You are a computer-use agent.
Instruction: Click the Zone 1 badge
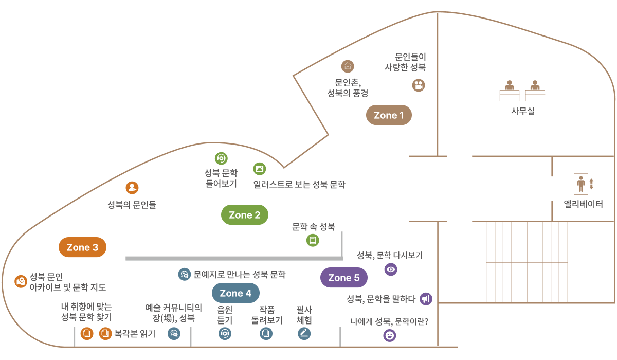[x=389, y=115]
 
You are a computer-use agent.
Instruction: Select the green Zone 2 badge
[x=245, y=215]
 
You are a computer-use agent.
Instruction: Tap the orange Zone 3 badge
[x=82, y=247]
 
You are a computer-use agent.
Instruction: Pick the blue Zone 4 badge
[x=235, y=293]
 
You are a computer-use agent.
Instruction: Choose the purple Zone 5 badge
[x=344, y=278]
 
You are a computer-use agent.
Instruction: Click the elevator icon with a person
[x=581, y=184]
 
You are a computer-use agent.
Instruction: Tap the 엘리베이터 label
[x=583, y=204]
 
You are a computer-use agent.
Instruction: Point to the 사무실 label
[x=522, y=111]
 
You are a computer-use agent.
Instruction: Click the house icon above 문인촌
[x=348, y=66]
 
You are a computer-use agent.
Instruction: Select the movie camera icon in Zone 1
[x=419, y=85]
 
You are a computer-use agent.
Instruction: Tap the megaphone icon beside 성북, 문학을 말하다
[x=426, y=299]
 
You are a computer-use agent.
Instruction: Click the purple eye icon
[x=391, y=269]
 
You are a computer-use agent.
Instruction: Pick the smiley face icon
[x=390, y=336]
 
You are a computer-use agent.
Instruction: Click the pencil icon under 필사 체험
[x=304, y=334]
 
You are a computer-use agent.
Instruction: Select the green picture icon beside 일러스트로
[x=260, y=169]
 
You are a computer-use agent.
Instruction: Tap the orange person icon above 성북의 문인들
[x=132, y=188]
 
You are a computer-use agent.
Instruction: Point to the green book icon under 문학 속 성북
[x=313, y=240]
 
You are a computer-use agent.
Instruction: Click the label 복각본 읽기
[x=135, y=334]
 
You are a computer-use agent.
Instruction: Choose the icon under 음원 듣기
[x=225, y=334]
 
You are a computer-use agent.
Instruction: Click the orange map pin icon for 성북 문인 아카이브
[x=21, y=281]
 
